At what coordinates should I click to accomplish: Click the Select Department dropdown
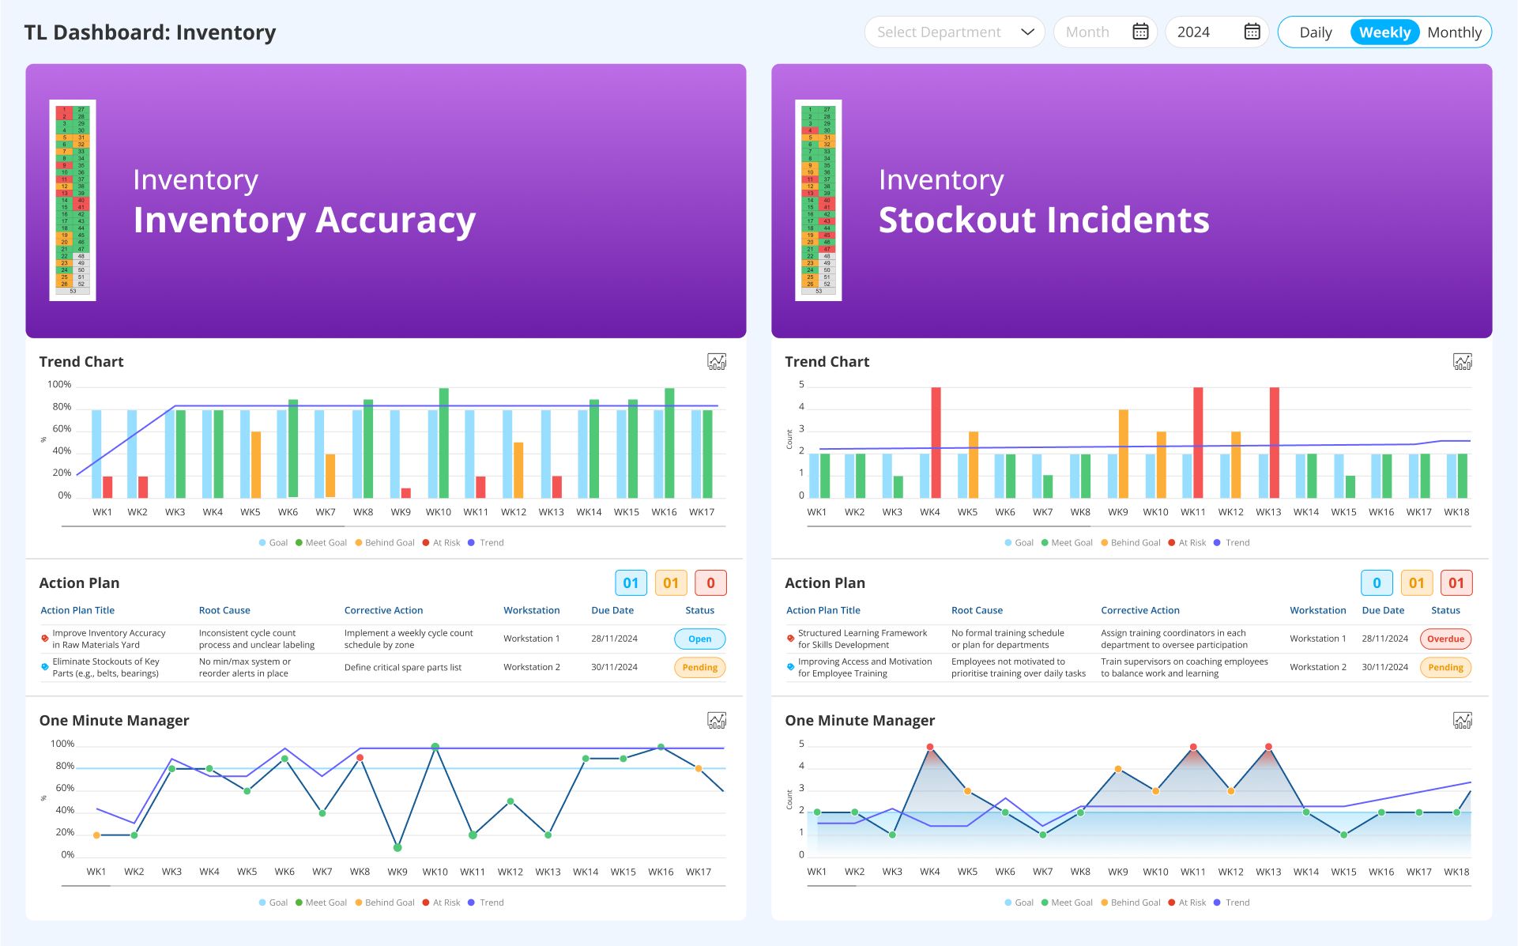pyautogui.click(x=954, y=32)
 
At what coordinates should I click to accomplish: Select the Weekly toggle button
pyautogui.click(x=1384, y=32)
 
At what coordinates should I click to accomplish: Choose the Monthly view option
pyautogui.click(x=1454, y=32)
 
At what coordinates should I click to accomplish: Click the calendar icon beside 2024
pyautogui.click(x=1252, y=32)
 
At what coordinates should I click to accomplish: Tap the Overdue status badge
pyautogui.click(x=1445, y=639)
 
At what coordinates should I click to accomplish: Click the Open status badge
pyautogui.click(x=699, y=639)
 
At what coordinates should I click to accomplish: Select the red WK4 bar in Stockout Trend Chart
pyautogui.click(x=936, y=443)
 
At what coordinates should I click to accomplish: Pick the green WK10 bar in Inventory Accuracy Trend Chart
pyautogui.click(x=444, y=443)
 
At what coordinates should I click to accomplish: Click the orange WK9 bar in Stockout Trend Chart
pyautogui.click(x=1123, y=454)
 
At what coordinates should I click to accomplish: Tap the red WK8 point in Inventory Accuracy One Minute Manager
pyautogui.click(x=360, y=757)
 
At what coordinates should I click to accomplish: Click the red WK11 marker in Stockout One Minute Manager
pyautogui.click(x=1193, y=747)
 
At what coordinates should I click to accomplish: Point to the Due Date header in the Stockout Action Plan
pyautogui.click(x=1382, y=610)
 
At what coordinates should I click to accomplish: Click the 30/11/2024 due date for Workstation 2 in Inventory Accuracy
pyautogui.click(x=614, y=667)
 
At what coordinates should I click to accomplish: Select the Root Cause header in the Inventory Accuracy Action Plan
pyautogui.click(x=224, y=610)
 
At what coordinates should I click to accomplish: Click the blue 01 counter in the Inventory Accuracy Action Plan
pyautogui.click(x=631, y=583)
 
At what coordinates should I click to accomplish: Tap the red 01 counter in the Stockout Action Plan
pyautogui.click(x=1456, y=583)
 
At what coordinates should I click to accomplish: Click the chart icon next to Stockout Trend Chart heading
pyautogui.click(x=1462, y=362)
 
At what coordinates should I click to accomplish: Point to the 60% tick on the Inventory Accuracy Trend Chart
pyautogui.click(x=62, y=428)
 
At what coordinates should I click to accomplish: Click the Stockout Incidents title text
pyautogui.click(x=1043, y=220)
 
